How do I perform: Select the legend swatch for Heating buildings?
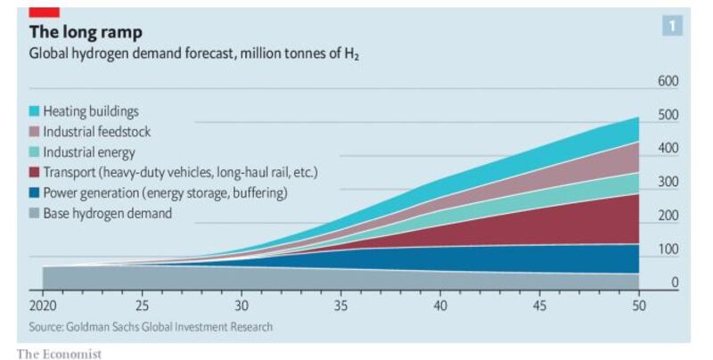click(35, 112)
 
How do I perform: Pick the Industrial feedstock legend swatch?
click(35, 132)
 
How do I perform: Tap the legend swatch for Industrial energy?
click(35, 151)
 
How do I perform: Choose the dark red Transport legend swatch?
click(35, 172)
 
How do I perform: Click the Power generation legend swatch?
click(35, 192)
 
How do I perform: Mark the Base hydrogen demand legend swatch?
click(35, 213)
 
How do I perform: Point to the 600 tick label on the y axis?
click(668, 81)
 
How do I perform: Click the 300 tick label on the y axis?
click(668, 182)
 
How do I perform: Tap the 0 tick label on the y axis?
click(675, 283)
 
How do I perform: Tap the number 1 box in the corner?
click(672, 26)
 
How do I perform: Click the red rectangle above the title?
click(45, 12)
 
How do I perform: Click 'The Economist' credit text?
click(59, 354)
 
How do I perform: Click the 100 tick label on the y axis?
click(668, 250)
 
